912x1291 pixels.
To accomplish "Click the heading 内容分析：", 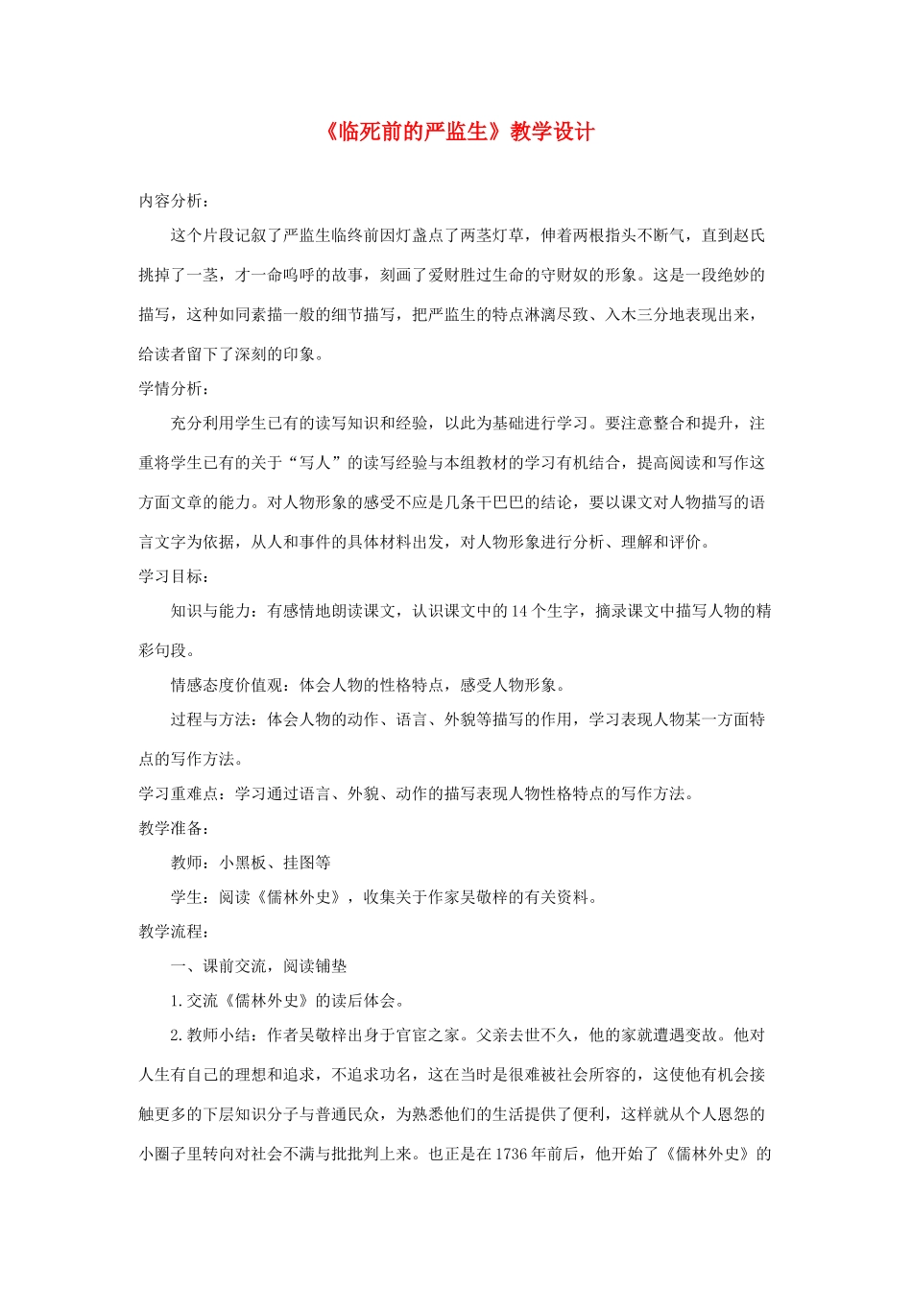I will (x=174, y=201).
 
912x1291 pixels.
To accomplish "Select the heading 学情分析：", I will (x=174, y=388).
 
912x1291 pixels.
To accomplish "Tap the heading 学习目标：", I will (x=174, y=576).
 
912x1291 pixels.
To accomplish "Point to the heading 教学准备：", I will (x=174, y=828).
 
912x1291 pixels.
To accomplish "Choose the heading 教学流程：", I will (x=174, y=932).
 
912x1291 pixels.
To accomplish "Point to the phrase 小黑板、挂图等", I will (x=276, y=863).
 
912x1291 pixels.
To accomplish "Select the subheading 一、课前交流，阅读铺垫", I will (x=259, y=966).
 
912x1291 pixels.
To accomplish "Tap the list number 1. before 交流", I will (x=177, y=1001).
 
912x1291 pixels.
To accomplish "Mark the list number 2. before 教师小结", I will (x=177, y=1035).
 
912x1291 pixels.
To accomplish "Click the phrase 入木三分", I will (x=637, y=314).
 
